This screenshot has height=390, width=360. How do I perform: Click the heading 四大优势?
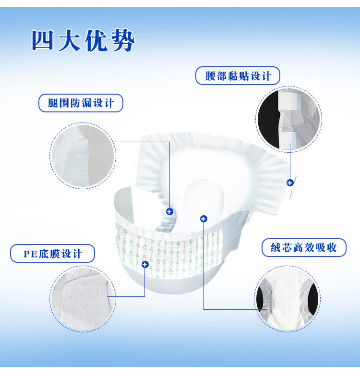[84, 41]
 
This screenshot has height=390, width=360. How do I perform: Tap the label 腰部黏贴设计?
[238, 75]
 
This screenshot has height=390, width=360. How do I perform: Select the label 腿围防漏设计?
[81, 103]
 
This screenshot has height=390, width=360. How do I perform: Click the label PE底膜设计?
[52, 254]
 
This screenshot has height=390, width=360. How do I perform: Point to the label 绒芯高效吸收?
[304, 248]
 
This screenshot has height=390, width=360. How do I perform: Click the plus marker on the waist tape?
[290, 183]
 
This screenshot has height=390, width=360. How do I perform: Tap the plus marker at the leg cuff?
[169, 212]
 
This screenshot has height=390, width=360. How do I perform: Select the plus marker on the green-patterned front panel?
[145, 264]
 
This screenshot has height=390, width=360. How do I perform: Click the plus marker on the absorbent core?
[204, 219]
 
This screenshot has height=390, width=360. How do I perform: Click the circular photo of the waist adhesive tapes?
[289, 119]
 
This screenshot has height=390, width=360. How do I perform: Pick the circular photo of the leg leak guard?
[83, 156]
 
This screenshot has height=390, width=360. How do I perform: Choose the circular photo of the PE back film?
[83, 299]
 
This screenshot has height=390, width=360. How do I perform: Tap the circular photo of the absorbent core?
[288, 299]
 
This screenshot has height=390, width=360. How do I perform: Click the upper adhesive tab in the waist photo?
[289, 101]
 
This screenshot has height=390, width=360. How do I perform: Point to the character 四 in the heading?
[43, 40]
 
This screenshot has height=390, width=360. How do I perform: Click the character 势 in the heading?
[123, 41]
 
